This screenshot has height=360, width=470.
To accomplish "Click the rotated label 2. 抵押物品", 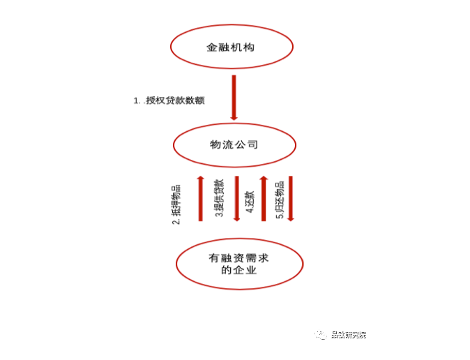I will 176,204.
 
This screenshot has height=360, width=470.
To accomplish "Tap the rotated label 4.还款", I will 249,202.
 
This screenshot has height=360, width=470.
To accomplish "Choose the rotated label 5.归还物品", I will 279,200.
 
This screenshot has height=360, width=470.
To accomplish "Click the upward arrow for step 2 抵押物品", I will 200,198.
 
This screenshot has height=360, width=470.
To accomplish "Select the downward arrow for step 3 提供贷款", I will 236,198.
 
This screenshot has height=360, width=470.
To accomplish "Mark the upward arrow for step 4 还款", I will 264,198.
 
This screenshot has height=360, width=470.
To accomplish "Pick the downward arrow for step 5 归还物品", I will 291,198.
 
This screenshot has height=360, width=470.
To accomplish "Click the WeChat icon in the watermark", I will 319,335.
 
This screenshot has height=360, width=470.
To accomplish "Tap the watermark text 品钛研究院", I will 348,335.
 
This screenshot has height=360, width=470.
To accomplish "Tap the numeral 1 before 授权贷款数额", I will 136,100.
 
